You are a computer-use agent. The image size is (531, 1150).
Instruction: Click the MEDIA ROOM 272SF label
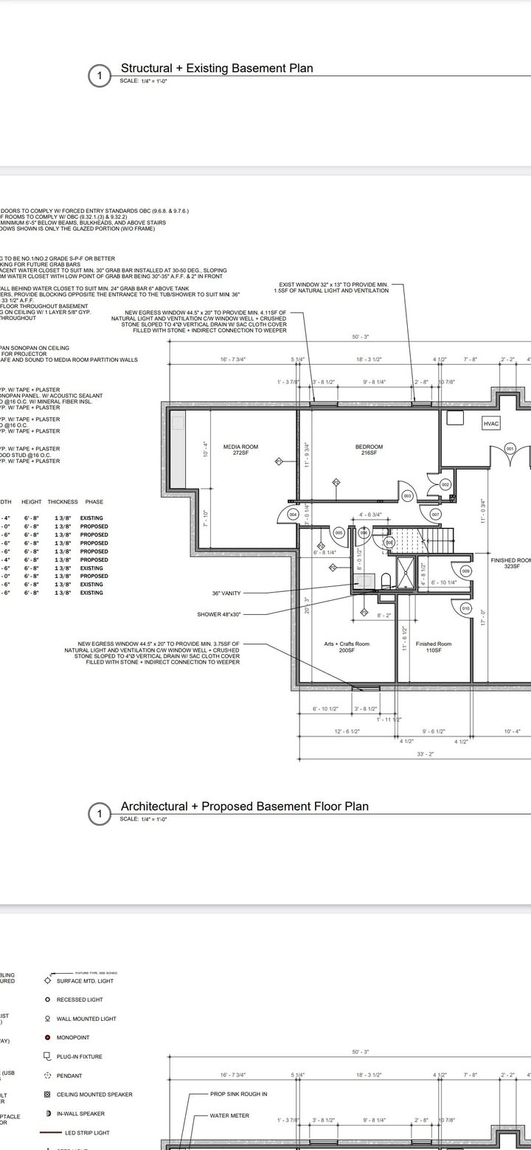click(240, 450)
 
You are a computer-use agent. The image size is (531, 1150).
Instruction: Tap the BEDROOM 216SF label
click(369, 450)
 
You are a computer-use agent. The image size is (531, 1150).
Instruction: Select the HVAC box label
click(492, 424)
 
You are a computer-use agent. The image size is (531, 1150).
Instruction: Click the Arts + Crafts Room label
click(347, 647)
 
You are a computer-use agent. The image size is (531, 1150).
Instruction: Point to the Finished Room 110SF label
click(434, 647)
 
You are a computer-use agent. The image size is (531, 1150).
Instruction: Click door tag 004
click(293, 514)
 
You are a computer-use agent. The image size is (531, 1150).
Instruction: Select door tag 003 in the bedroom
click(406, 495)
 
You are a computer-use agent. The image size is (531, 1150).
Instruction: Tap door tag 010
click(465, 608)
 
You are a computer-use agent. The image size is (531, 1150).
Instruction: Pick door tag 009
click(465, 571)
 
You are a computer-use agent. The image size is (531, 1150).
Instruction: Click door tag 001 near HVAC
click(510, 448)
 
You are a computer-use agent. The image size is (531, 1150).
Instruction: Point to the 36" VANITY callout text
click(226, 593)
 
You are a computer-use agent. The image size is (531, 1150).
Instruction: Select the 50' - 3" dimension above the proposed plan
click(361, 338)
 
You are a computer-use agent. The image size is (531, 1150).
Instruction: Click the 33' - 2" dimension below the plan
click(425, 754)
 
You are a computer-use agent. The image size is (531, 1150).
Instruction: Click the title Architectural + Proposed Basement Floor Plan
click(244, 806)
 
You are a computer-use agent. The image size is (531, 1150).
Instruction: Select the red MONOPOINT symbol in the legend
click(48, 1037)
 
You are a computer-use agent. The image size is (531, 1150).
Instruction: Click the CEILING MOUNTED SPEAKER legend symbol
click(48, 1095)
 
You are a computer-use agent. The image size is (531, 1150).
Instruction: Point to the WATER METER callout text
click(229, 1116)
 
